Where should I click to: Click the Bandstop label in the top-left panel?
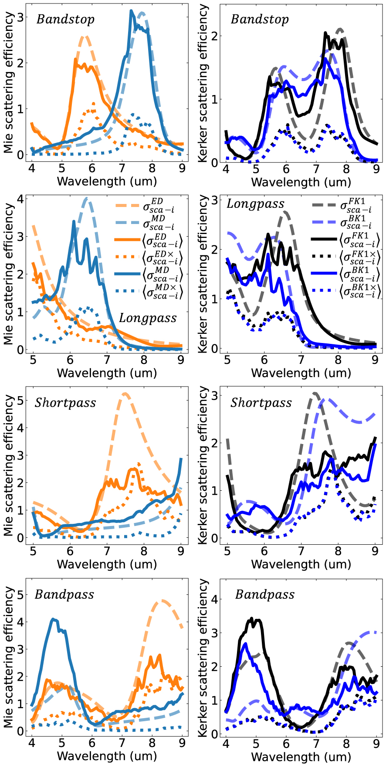tap(65, 20)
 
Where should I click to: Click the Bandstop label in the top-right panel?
tap(260, 20)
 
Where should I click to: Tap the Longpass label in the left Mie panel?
tap(148, 318)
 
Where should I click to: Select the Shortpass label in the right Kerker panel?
tap(261, 403)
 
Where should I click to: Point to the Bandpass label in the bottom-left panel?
tap(64, 595)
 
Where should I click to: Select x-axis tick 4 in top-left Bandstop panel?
tap(32, 168)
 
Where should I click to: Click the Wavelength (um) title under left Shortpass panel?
tap(107, 564)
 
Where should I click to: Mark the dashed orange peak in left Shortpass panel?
tap(125, 394)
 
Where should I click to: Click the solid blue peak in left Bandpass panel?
tap(53, 619)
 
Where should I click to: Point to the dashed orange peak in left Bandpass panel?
tap(162, 601)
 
